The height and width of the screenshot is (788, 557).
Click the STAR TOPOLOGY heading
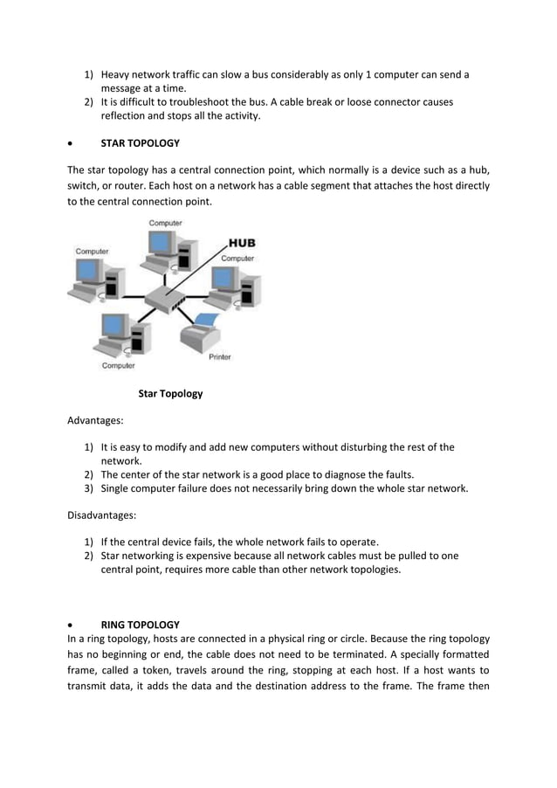pos(140,143)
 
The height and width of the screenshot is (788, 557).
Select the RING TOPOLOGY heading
pos(140,625)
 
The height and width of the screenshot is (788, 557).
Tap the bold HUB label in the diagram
pos(242,243)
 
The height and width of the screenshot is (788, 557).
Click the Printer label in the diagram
pos(219,356)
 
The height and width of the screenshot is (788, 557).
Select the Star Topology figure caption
pos(170,393)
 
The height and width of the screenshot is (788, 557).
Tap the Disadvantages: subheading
pos(102,515)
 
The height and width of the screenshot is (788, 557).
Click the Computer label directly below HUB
pos(237,259)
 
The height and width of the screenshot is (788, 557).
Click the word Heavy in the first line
pos(116,74)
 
